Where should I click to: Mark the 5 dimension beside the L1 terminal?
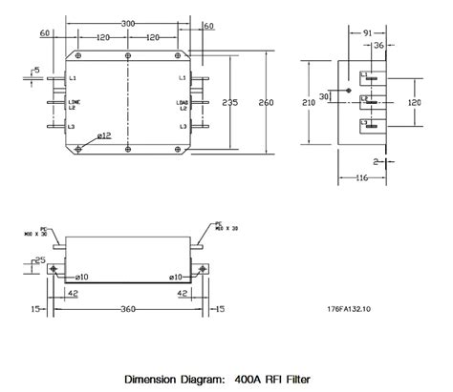(x=35, y=70)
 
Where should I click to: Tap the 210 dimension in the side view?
(x=310, y=101)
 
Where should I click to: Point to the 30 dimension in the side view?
(x=324, y=96)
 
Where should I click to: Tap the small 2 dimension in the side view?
(x=402, y=163)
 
